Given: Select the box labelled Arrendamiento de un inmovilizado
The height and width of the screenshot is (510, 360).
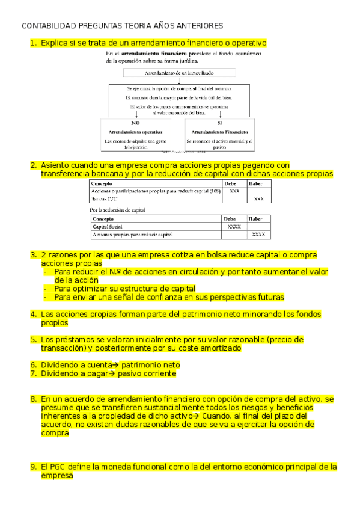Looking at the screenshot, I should click(178, 73).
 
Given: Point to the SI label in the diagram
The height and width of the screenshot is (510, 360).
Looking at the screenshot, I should click(219, 122).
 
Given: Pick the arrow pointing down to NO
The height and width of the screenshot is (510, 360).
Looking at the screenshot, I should click(137, 114).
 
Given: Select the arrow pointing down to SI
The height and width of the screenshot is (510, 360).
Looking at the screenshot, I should click(221, 114).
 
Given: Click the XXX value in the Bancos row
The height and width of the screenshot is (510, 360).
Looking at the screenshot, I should click(259, 198).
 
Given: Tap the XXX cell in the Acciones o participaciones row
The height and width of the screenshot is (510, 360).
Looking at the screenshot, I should click(234, 191).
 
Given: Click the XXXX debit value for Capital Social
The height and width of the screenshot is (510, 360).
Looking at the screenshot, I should click(234, 227).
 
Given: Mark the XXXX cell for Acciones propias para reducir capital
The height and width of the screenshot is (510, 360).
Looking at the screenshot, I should click(259, 235).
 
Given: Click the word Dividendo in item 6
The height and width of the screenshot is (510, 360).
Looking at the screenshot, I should click(58, 365).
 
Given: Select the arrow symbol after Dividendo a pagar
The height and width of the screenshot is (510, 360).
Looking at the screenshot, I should click(113, 373).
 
